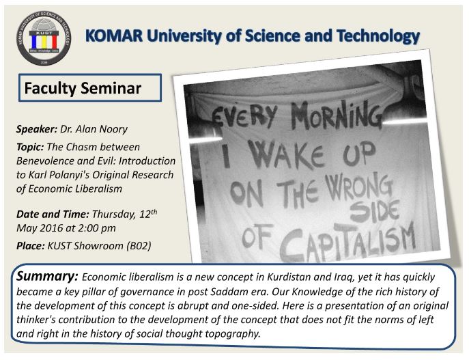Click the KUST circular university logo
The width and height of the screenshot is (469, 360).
point(44,38)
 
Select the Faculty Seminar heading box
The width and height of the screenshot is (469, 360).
point(90,87)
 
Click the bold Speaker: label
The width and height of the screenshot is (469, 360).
point(37,129)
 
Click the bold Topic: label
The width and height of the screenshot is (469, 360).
point(30,147)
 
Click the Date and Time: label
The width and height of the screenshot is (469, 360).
point(53,214)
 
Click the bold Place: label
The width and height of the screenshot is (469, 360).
point(31,246)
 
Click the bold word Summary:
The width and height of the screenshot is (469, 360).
point(47,277)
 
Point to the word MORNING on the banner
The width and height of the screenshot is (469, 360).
point(337,115)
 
